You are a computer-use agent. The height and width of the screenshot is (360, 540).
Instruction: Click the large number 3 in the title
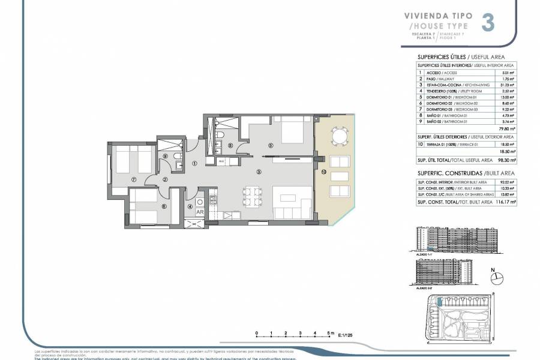click(488, 23)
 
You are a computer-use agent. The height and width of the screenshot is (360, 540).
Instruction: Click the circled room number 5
click(271, 145)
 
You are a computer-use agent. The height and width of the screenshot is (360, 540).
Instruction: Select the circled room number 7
click(134, 179)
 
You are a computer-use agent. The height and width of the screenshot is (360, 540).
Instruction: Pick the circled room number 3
click(259, 172)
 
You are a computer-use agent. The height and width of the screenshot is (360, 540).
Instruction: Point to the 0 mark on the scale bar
click(256, 332)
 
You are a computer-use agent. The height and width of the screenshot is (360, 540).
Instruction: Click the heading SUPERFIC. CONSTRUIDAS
click(441, 172)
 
